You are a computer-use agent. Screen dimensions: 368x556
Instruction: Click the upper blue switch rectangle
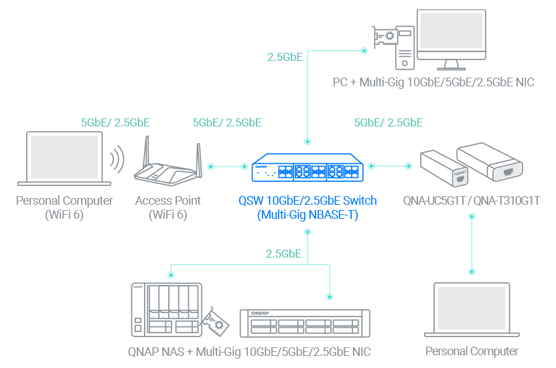[307, 168]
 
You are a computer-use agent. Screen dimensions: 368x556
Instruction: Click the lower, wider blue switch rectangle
[307, 205]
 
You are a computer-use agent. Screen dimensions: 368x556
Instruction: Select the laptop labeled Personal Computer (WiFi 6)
[64, 158]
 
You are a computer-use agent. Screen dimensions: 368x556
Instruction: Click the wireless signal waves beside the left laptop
[118, 159]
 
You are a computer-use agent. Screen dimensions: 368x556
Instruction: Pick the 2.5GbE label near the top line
[285, 57]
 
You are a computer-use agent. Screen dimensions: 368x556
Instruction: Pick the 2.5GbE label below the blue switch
[283, 254]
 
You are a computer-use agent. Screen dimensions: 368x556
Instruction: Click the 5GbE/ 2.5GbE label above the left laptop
[115, 122]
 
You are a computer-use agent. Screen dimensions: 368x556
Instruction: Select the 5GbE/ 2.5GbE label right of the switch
[388, 122]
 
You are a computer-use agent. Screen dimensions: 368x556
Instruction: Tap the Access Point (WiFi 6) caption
[167, 207]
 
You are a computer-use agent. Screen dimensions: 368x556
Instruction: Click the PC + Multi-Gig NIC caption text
[433, 84]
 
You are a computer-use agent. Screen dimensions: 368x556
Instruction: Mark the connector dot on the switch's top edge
[307, 142]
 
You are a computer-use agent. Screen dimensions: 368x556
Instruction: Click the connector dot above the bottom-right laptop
[472, 272]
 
